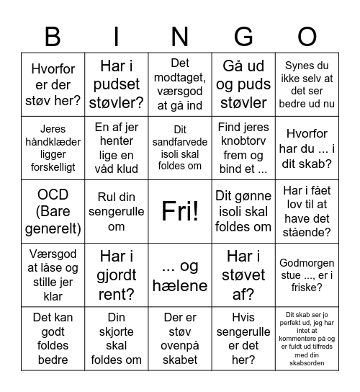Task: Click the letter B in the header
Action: (53, 35)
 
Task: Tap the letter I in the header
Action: (117, 35)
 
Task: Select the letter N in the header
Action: (180, 35)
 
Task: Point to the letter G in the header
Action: (243, 35)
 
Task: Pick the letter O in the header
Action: (307, 35)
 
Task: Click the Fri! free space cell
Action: (180, 211)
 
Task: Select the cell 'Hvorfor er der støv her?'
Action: (53, 84)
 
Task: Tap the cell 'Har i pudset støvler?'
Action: (117, 84)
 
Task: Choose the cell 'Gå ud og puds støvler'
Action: (243, 84)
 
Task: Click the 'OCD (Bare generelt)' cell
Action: (53, 211)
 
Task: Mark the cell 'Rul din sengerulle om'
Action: (117, 211)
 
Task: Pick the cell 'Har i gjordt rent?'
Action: (117, 275)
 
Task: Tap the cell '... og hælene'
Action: (180, 275)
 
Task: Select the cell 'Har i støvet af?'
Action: (243, 275)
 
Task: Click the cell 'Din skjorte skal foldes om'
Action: (117, 338)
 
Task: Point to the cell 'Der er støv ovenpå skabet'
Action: (180, 338)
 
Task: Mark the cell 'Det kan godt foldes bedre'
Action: (53, 338)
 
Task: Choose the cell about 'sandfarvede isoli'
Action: (180, 148)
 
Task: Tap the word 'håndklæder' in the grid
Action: (53, 142)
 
